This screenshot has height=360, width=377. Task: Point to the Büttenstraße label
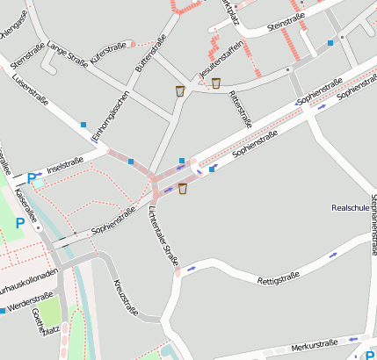(x=150, y=54)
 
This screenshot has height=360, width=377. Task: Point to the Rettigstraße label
(x=279, y=280)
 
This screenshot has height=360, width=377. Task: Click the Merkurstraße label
(x=314, y=348)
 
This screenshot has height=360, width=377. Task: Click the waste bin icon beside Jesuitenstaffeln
(x=215, y=83)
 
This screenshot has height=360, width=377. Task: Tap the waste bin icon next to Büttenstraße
(x=180, y=90)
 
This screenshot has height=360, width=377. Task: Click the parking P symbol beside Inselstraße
(x=33, y=178)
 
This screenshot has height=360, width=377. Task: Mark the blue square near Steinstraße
(x=330, y=42)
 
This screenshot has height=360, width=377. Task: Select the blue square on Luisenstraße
(x=83, y=125)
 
